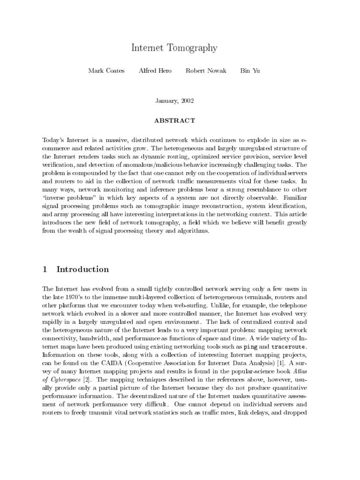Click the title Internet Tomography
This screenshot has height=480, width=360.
[174, 48]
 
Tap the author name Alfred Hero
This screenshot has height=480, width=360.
[155, 71]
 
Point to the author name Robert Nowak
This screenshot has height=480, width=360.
[206, 71]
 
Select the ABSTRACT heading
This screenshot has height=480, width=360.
[174, 120]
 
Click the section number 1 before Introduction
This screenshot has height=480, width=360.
[45, 270]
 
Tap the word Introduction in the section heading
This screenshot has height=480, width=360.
[82, 270]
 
